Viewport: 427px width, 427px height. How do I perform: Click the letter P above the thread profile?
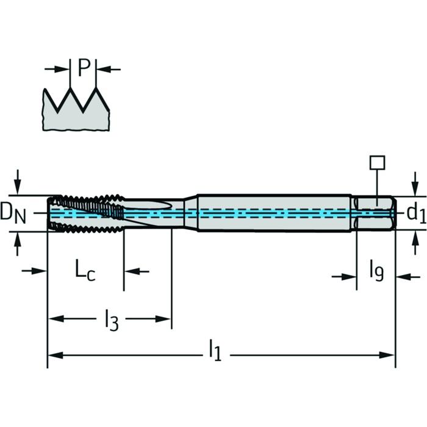pos(84,68)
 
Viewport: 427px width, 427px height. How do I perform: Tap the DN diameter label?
pos(13,213)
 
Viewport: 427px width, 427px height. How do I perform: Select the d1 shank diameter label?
pos(417,213)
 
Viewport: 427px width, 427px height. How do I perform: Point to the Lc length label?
pos(85,270)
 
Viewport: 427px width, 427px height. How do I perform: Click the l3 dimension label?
pos(112,320)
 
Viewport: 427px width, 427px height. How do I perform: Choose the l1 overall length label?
pos(215,350)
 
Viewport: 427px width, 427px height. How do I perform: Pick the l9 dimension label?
pos(377,271)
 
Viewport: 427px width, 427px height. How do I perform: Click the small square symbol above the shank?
pos(377,163)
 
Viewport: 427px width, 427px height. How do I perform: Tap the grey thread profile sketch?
pos(76,109)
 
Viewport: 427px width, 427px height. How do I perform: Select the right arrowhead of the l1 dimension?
pos(387,355)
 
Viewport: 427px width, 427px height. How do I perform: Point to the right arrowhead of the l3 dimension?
pos(163,318)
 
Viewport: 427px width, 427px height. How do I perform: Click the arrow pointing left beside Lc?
pos(137,271)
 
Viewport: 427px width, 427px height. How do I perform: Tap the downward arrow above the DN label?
pos(18,182)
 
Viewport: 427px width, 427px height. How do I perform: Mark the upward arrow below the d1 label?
pos(415,242)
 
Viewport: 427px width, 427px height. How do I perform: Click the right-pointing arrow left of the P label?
pos(57,69)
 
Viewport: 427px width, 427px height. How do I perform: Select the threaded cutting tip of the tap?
pos(86,213)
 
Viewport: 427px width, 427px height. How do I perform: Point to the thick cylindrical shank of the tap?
pos(274,213)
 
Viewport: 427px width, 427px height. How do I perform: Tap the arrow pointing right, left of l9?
pos(344,277)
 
